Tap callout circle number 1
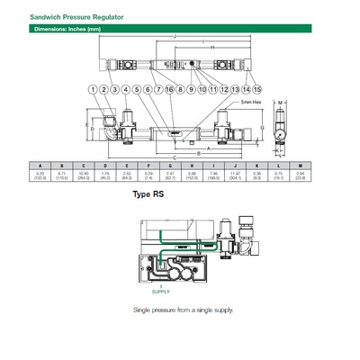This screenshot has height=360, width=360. click(x=94, y=89)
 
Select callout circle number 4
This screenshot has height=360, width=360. click(x=126, y=89)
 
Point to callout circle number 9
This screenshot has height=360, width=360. click(x=192, y=89)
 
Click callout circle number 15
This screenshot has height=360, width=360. click(x=257, y=89)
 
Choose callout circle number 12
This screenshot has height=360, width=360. click(x=224, y=89)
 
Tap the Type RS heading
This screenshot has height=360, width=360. click(x=148, y=194)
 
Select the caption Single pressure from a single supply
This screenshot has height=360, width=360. click(x=183, y=310)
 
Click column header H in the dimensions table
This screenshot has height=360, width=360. click(x=191, y=165)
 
